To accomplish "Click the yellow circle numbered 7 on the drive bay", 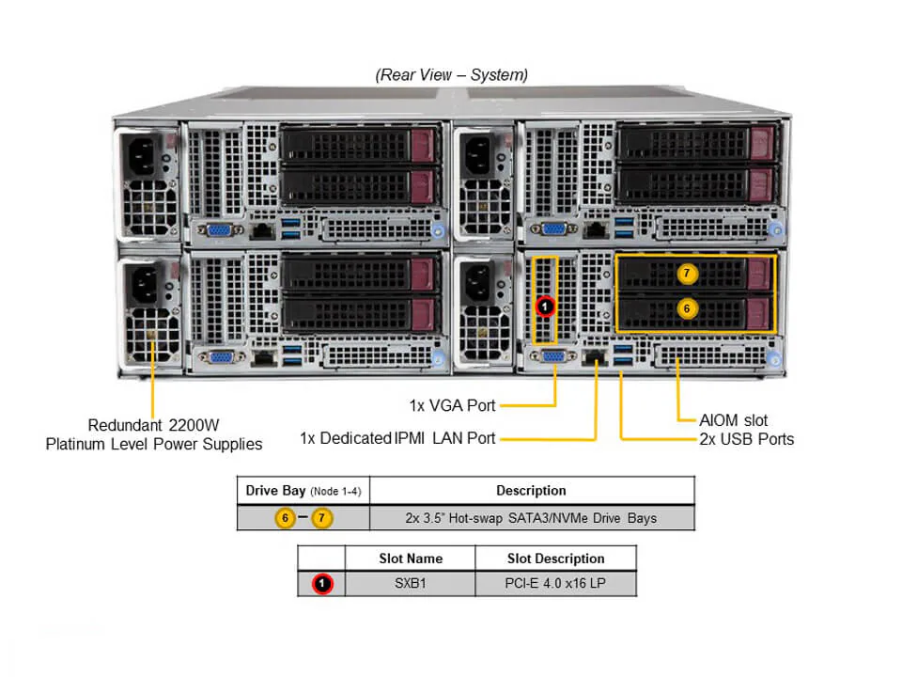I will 687,274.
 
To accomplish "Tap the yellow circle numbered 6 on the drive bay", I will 687,307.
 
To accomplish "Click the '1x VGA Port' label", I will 452,405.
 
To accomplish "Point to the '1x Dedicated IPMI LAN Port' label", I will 397,437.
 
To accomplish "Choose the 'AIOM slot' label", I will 734,420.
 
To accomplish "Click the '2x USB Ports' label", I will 746,439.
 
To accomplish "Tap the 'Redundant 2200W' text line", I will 154,424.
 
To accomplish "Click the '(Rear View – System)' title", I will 451,74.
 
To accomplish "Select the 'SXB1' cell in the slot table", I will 410,584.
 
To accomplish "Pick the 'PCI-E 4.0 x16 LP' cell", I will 555,584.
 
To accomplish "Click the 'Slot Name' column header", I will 410,559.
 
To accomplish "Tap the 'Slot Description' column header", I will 555,559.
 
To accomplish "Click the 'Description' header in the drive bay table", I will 531,490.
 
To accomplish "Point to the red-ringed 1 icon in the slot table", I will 322,584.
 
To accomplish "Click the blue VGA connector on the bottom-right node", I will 554,356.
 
